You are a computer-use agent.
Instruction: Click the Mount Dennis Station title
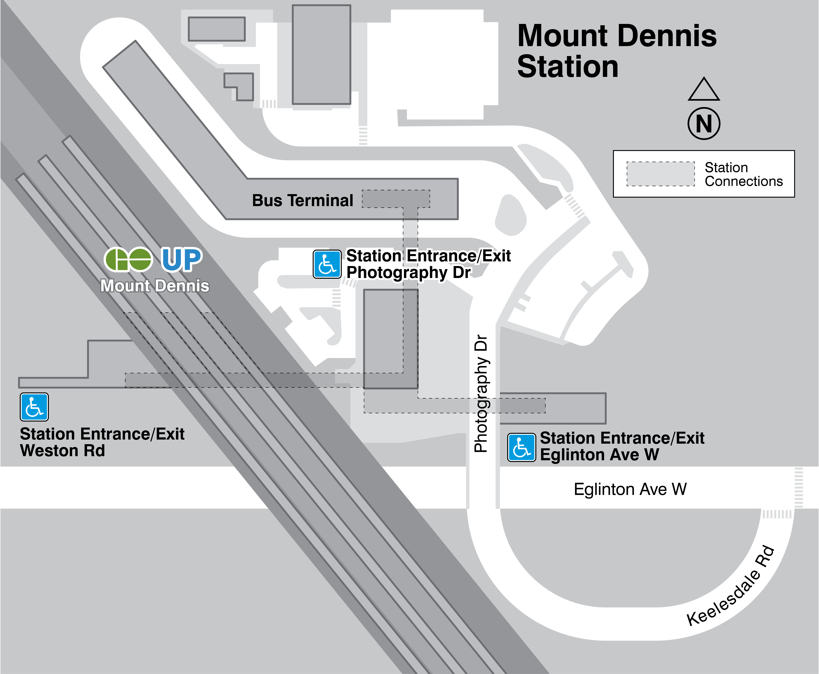pos(617,51)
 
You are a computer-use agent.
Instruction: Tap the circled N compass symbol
pos(704,123)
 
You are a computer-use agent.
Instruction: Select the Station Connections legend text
pos(743,174)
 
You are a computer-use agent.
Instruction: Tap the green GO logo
pos(128,259)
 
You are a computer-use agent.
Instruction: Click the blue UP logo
pos(182,259)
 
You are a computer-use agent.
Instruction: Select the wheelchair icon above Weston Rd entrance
pos(34,407)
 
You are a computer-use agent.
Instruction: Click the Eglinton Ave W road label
pos(630,489)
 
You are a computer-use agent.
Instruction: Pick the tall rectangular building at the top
pos(321,54)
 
